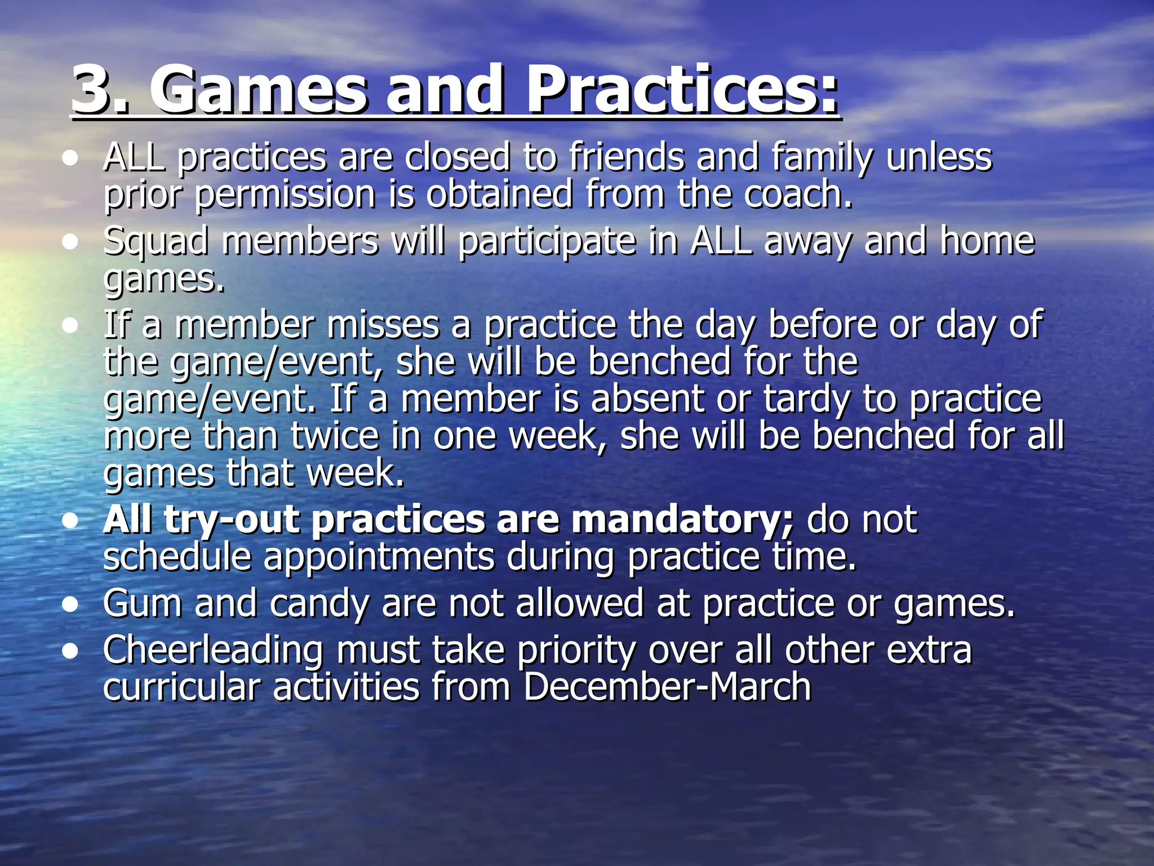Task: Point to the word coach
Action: tap(798, 194)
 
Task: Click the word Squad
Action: tap(156, 242)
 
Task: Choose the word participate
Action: tap(547, 242)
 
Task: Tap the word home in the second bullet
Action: tap(987, 241)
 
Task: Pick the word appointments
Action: tap(379, 556)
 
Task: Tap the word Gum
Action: tap(143, 603)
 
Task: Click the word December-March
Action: tap(667, 687)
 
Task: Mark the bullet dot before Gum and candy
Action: tap(70, 605)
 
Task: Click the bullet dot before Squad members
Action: tap(70, 242)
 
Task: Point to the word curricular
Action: tap(181, 687)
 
